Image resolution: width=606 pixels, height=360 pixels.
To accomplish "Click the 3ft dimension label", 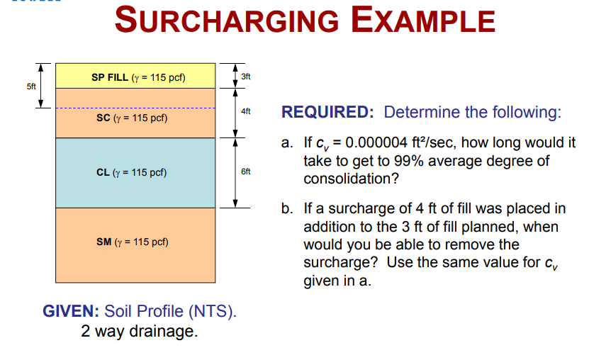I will [x=245, y=75].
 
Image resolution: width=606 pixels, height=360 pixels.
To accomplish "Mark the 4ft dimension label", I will [x=245, y=112].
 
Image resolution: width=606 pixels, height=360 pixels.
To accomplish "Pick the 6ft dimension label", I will [x=245, y=172].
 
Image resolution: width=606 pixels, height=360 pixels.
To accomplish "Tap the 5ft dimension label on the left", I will [x=31, y=87].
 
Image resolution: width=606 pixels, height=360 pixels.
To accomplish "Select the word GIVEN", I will [x=71, y=311].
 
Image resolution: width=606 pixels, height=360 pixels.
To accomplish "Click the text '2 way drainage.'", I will [x=139, y=331].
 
